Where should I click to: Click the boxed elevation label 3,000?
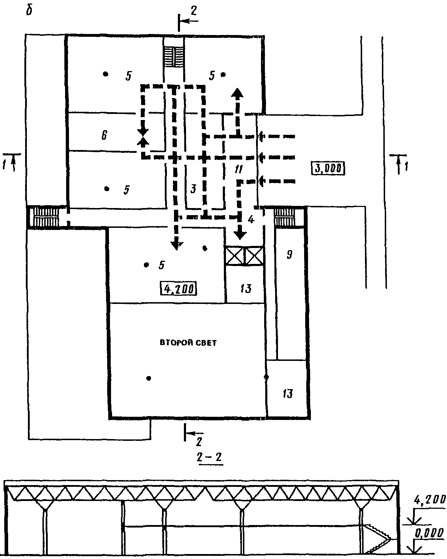[328, 168]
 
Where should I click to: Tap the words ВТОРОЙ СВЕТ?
[188, 343]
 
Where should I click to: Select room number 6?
[104, 135]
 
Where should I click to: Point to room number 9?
[289, 254]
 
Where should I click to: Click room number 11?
[238, 169]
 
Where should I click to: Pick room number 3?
[193, 189]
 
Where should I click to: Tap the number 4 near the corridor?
[251, 220]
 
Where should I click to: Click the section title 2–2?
[209, 457]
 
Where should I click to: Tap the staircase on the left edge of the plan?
[45, 217]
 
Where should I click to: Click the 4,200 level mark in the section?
[429, 500]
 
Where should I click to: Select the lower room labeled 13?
[288, 393]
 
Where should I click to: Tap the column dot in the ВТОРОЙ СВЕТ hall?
[149, 378]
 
